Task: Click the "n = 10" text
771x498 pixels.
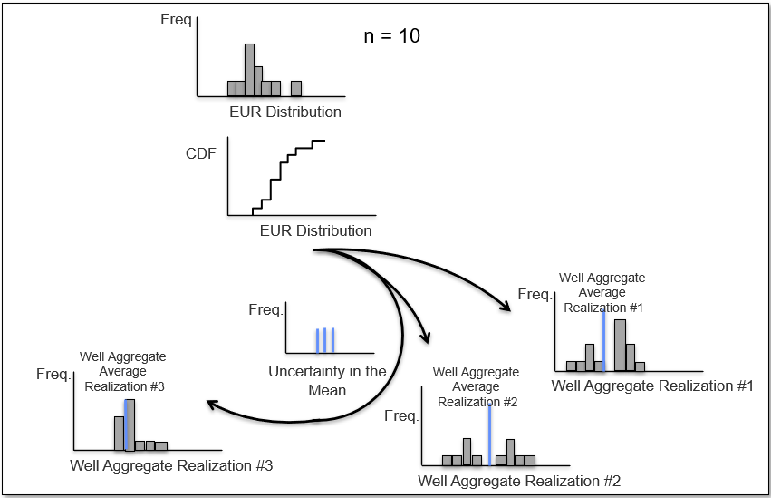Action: (x=392, y=36)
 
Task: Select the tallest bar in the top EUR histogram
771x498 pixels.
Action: (x=250, y=70)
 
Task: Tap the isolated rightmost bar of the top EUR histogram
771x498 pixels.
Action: (x=296, y=89)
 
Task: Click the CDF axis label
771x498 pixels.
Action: (x=200, y=153)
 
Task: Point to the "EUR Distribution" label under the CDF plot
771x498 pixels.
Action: (x=315, y=230)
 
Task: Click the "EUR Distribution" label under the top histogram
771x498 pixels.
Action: (x=285, y=112)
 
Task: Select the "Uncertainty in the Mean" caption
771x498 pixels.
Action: (x=327, y=380)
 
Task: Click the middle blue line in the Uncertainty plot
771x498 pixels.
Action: (x=325, y=340)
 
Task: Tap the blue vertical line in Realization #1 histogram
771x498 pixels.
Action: (x=603, y=340)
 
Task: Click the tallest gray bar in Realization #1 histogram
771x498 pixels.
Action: (x=621, y=346)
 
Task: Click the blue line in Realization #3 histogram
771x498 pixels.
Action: (x=126, y=425)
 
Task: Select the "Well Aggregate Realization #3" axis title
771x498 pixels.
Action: (x=171, y=465)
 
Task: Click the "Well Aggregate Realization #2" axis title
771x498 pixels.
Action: (x=519, y=481)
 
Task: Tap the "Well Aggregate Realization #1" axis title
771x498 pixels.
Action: (x=652, y=386)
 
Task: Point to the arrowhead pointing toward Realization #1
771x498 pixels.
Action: (x=506, y=306)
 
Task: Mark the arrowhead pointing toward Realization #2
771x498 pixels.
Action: (x=426, y=337)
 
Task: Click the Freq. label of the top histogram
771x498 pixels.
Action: (x=178, y=20)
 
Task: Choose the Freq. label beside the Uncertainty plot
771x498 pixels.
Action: (x=266, y=310)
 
